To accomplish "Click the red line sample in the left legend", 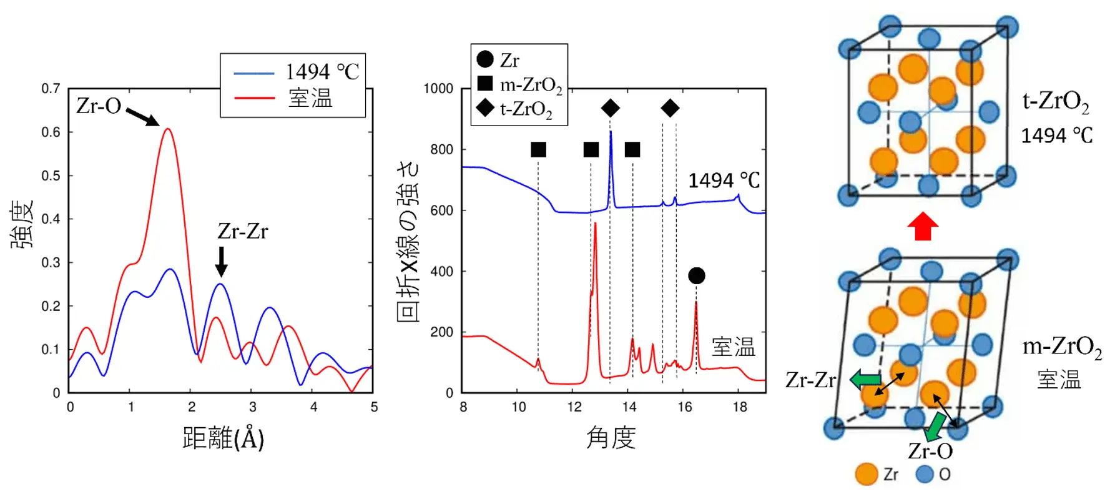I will point(254,98).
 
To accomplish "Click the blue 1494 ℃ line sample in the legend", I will point(254,73).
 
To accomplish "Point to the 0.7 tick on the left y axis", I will point(51,89).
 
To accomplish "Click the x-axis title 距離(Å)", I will point(223,438).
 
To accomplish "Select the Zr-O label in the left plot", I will point(99,106).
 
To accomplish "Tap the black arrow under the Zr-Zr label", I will point(221,262).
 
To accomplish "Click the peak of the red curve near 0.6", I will point(167,129).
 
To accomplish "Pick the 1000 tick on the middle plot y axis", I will point(438,89).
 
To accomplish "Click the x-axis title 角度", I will point(611,438).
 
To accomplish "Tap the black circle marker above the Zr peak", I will point(697,275).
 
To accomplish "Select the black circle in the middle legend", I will point(485,59).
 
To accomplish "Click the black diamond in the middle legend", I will point(485,108).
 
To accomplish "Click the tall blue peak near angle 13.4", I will point(611,132).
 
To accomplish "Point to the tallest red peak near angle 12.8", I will point(595,224).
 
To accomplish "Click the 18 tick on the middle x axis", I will point(740,407).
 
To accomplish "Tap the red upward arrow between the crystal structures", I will point(923,226).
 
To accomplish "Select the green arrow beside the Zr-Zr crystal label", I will point(865,378).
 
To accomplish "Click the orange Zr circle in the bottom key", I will point(867,474).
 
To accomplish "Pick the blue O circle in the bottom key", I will point(925,474).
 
